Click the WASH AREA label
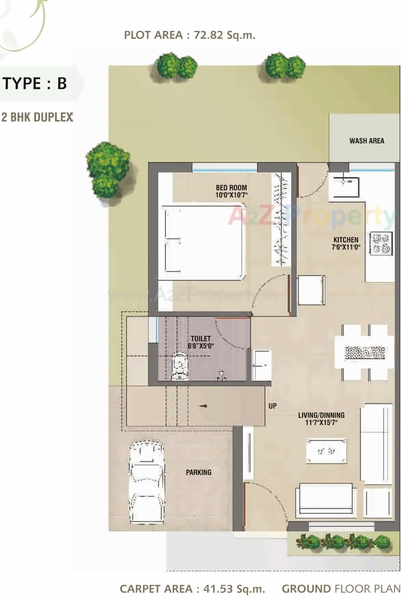366,141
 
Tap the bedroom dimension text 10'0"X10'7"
231,195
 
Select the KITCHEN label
346,240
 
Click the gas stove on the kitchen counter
381,243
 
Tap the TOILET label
200,338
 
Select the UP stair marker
273,406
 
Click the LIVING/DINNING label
321,415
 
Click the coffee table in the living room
326,451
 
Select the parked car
146,482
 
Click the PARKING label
198,472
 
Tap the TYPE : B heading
35,83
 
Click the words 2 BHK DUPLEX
37,117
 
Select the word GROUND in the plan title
306,588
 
